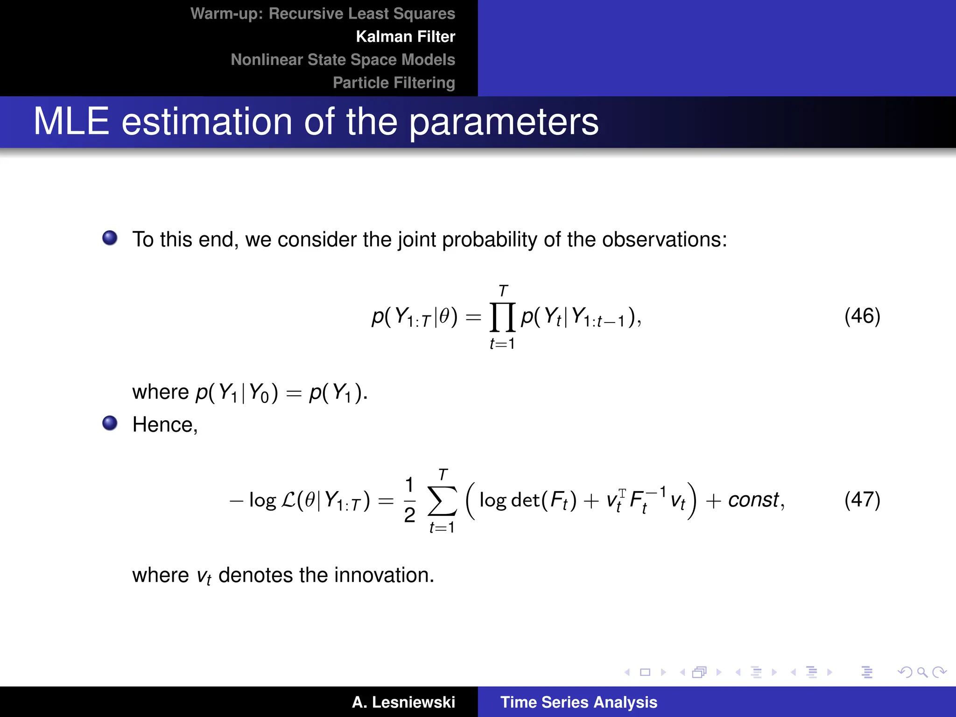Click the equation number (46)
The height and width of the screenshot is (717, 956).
pyautogui.click(x=862, y=316)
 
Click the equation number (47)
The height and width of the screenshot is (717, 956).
pyautogui.click(x=862, y=499)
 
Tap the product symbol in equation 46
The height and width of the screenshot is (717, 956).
pyautogui.click(x=502, y=317)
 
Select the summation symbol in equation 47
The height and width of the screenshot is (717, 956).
pyautogui.click(x=442, y=501)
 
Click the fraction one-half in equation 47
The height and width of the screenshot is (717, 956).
pyautogui.click(x=409, y=500)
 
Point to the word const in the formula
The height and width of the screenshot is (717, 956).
pyautogui.click(x=753, y=500)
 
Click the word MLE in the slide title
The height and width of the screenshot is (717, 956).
pyautogui.click(x=71, y=121)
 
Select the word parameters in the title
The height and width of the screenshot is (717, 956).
pyautogui.click(x=504, y=122)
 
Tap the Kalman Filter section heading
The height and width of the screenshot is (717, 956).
pyautogui.click(x=405, y=37)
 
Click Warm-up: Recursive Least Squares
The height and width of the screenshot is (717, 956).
pyautogui.click(x=323, y=14)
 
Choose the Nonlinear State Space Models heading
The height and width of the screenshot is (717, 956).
pyautogui.click(x=343, y=60)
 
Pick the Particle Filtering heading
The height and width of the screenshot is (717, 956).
pyautogui.click(x=394, y=83)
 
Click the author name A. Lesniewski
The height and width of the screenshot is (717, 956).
pyautogui.click(x=403, y=702)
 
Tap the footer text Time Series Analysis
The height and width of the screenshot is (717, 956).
pyautogui.click(x=578, y=702)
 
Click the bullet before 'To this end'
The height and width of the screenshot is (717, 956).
pyautogui.click(x=110, y=238)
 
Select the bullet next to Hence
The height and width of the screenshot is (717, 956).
pyautogui.click(x=110, y=423)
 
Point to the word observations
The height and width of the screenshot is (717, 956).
pyautogui.click(x=664, y=239)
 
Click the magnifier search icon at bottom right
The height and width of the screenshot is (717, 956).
pyautogui.click(x=922, y=672)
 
